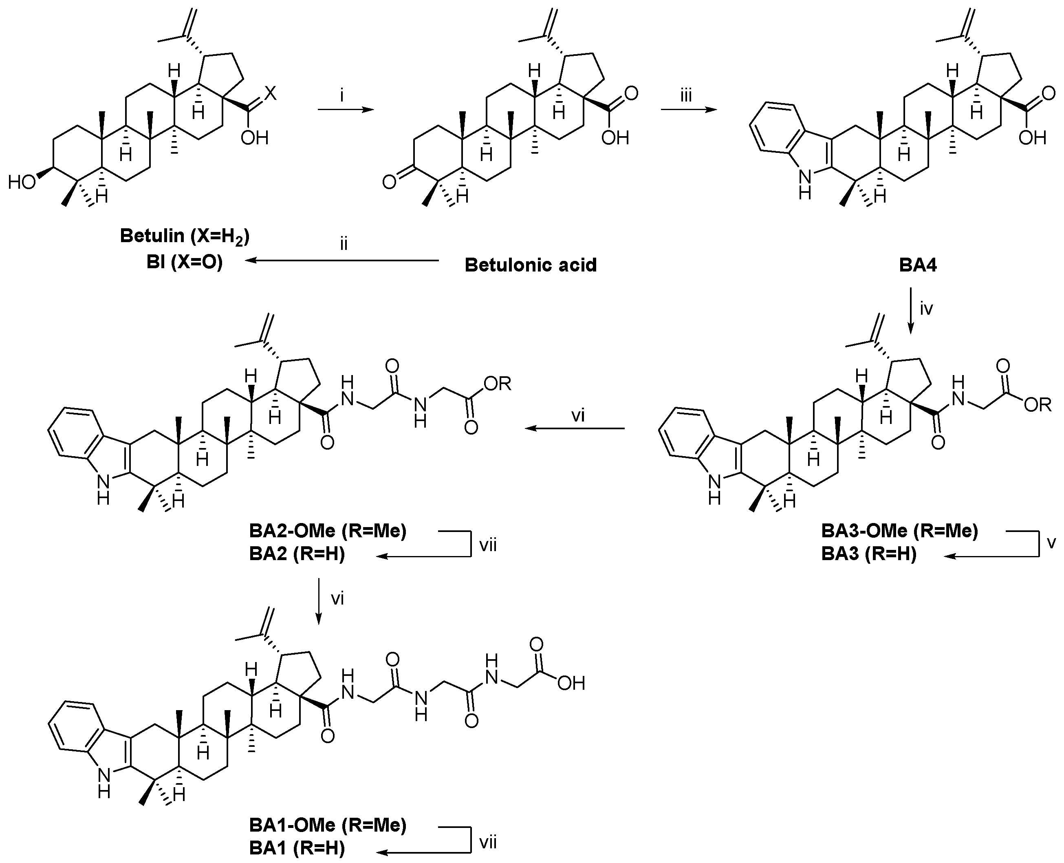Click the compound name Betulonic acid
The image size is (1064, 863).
[530, 265]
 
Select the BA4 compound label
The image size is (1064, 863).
[917, 265]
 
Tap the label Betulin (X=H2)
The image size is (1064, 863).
[184, 236]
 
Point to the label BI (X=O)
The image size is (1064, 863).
[184, 262]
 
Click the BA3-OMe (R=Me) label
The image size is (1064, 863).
[899, 531]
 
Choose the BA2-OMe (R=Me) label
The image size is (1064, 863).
[328, 531]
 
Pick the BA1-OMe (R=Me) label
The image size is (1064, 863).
[328, 825]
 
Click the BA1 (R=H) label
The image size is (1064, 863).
[297, 848]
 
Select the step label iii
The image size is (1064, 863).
[686, 95]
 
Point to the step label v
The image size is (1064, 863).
[1051, 542]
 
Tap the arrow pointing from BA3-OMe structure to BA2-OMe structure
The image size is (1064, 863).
[575, 428]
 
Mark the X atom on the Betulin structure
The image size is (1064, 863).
[270, 93]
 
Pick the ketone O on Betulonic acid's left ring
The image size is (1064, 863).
[389, 182]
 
